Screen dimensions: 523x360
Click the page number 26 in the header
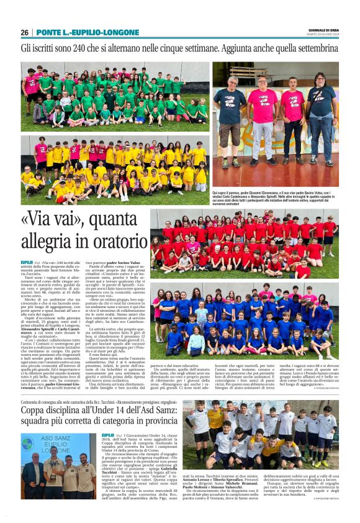tap(24, 32)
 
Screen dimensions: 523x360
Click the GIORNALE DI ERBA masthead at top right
tap(323, 30)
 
